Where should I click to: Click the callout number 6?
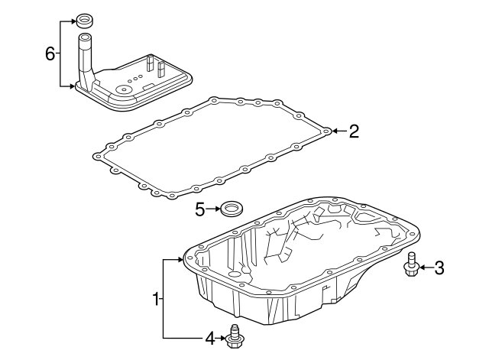[x=50, y=54]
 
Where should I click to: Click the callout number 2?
[x=354, y=131]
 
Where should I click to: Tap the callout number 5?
[x=200, y=209]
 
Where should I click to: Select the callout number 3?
[x=439, y=268]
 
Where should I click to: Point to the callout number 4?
[x=210, y=338]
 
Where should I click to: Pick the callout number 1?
[x=156, y=299]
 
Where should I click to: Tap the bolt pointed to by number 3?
[x=412, y=264]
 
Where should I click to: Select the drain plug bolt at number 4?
[x=235, y=337]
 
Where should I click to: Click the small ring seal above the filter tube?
[x=84, y=21]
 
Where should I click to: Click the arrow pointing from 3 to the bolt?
[x=426, y=268]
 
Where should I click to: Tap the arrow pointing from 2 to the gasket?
[x=339, y=131]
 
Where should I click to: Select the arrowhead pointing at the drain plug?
[x=223, y=338]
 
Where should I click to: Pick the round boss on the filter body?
[x=124, y=90]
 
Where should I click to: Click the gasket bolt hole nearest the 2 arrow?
[x=326, y=131]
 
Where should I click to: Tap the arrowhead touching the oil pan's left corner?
[x=180, y=259]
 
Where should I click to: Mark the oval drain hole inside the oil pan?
[x=233, y=274]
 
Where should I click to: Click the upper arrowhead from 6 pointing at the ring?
[x=73, y=21]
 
